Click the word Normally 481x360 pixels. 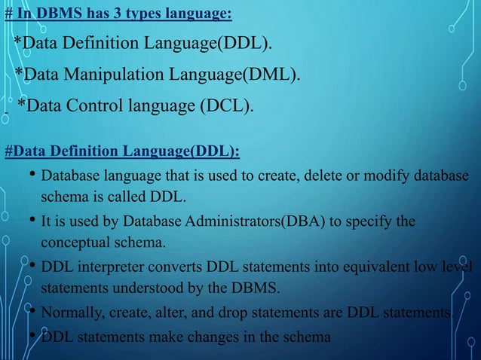coord(68,313)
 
